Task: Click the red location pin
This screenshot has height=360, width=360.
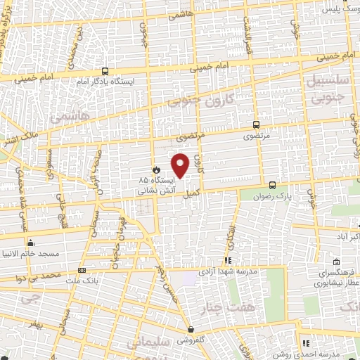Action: [x=181, y=165]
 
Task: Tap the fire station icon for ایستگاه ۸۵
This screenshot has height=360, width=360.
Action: [x=157, y=170]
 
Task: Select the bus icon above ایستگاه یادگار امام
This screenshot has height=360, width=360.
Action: [x=105, y=71]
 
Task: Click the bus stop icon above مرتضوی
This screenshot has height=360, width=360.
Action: [x=255, y=121]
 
